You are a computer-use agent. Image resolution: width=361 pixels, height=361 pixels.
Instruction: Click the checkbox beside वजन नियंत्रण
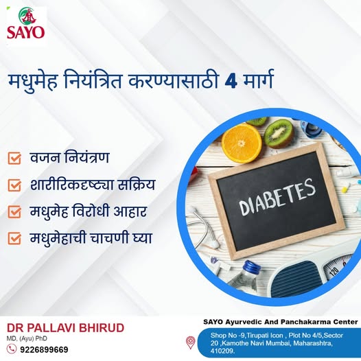pyautogui.click(x=14, y=158)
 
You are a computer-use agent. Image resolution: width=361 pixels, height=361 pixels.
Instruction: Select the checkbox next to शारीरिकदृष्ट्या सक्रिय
pyautogui.click(x=14, y=185)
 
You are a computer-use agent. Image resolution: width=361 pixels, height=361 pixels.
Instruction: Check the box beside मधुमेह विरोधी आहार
pyautogui.click(x=14, y=211)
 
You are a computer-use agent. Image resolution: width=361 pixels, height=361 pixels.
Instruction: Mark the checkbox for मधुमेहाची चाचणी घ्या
pyautogui.click(x=14, y=238)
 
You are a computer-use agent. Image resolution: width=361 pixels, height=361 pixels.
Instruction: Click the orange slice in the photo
pyautogui.click(x=242, y=143)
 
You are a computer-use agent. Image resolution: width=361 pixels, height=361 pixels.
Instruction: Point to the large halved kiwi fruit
pyautogui.click(x=279, y=134)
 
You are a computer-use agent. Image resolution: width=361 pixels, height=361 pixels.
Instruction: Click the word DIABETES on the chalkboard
pyautogui.click(x=277, y=197)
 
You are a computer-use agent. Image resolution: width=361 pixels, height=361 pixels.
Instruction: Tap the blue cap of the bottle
pyautogui.click(x=252, y=267)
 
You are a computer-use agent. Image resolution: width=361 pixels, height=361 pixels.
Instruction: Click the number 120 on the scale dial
pyautogui.click(x=334, y=272)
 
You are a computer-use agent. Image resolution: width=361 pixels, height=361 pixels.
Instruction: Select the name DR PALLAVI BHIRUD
pyautogui.click(x=65, y=328)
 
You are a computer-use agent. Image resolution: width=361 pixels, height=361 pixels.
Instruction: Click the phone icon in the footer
pyautogui.click(x=12, y=349)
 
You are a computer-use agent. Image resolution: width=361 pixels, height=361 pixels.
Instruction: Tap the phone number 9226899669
pyautogui.click(x=44, y=349)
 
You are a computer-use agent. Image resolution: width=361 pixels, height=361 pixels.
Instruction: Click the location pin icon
pyautogui.click(x=191, y=342)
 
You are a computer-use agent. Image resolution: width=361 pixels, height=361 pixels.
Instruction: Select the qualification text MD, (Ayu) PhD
pyautogui.click(x=27, y=338)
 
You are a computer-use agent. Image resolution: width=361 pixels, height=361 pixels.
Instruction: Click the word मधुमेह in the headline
pyautogui.click(x=33, y=82)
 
